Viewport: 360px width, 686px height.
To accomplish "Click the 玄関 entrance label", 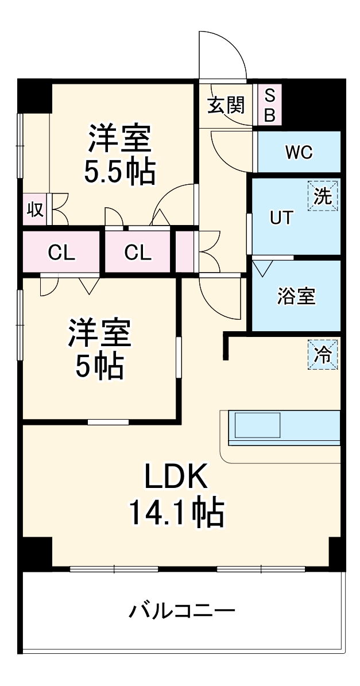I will [226, 105].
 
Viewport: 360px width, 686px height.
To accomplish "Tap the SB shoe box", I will [269, 105].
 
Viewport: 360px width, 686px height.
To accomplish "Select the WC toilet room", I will [299, 152].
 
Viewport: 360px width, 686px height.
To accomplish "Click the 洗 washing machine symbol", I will [323, 197].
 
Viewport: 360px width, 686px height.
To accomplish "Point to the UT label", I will [281, 218].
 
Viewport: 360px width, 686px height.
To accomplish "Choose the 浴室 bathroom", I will [296, 296].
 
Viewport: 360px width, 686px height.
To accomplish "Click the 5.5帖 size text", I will [119, 170].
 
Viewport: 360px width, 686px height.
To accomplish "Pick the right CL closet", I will [138, 253].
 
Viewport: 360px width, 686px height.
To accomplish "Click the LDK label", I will [175, 476].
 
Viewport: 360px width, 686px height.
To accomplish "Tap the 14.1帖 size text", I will [176, 513].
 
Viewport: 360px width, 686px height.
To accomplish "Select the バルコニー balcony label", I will [181, 610].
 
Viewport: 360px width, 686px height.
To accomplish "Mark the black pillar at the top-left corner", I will [34, 95].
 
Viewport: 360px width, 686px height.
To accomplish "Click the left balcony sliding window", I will [114, 569].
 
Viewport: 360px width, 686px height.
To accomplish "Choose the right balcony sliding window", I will [261, 569].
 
